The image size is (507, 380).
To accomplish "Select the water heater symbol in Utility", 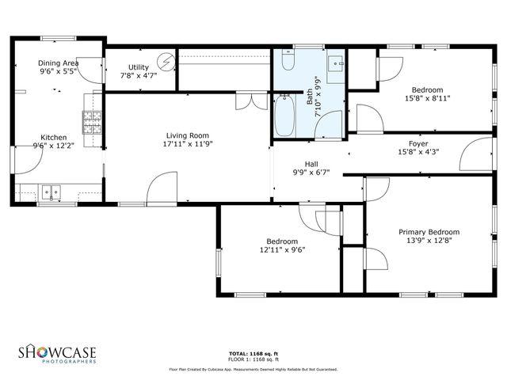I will (x=166, y=61).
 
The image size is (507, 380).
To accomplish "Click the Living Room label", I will (x=188, y=135).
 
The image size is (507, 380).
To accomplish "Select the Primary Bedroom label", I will (x=429, y=232).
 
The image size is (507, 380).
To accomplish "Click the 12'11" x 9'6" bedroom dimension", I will (x=282, y=249).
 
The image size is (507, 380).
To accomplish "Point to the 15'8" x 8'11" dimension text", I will (x=427, y=98).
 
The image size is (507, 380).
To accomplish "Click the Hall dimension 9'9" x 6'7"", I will (x=311, y=172).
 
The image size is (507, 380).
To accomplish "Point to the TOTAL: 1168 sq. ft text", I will (x=253, y=354).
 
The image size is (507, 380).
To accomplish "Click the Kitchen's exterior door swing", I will (x=28, y=163).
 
